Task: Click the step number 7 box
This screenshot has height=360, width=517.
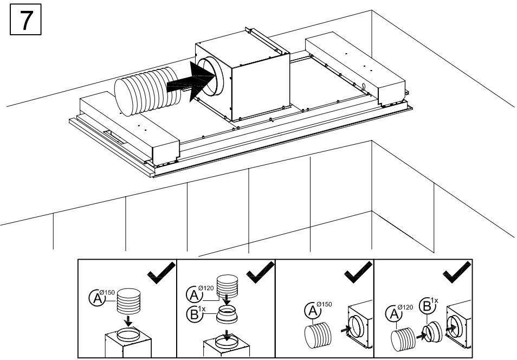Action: [25, 19]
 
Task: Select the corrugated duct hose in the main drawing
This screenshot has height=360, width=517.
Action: [147, 92]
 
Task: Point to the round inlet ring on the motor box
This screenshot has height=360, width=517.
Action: [210, 76]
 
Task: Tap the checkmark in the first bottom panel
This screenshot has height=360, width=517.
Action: [161, 272]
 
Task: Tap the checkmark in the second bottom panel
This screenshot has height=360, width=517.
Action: [260, 272]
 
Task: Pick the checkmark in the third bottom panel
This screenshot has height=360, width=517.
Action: [358, 272]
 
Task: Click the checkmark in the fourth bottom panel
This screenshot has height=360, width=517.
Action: [457, 272]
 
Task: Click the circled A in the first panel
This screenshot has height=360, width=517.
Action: [97, 298]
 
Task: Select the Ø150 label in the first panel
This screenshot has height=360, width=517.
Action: [107, 292]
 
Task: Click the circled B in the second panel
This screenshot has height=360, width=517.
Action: [194, 314]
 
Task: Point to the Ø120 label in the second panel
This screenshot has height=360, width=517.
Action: [206, 288]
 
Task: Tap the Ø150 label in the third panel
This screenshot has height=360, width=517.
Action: [324, 304]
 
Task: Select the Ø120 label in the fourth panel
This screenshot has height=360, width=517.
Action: [405, 307]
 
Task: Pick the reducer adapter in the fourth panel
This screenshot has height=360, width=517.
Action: [432, 332]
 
